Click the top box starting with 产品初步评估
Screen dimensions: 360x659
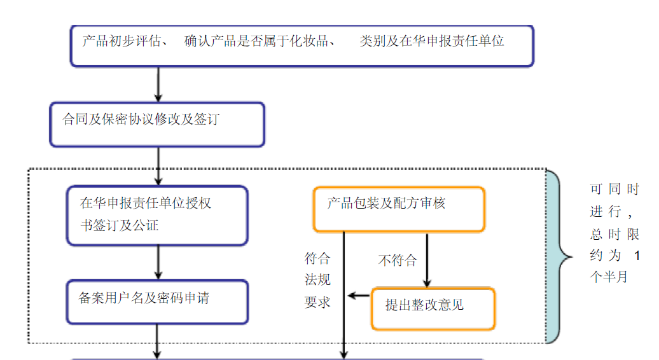(x=302, y=45)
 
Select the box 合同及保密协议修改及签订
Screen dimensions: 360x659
(x=157, y=123)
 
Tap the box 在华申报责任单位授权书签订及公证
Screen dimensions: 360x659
(x=157, y=215)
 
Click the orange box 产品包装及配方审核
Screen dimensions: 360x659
(x=399, y=209)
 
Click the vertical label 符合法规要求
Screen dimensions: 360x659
(x=317, y=280)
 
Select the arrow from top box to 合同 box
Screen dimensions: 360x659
(x=158, y=84)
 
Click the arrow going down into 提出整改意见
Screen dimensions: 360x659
(x=427, y=261)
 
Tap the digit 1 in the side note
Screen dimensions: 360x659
(x=637, y=256)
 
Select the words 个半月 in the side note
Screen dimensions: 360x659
(x=609, y=277)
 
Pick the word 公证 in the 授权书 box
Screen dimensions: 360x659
(x=146, y=225)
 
